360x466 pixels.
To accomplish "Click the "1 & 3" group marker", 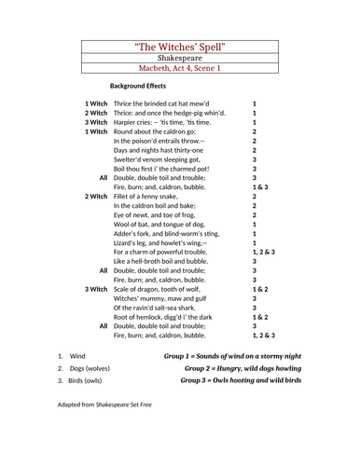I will click(x=259, y=186).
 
